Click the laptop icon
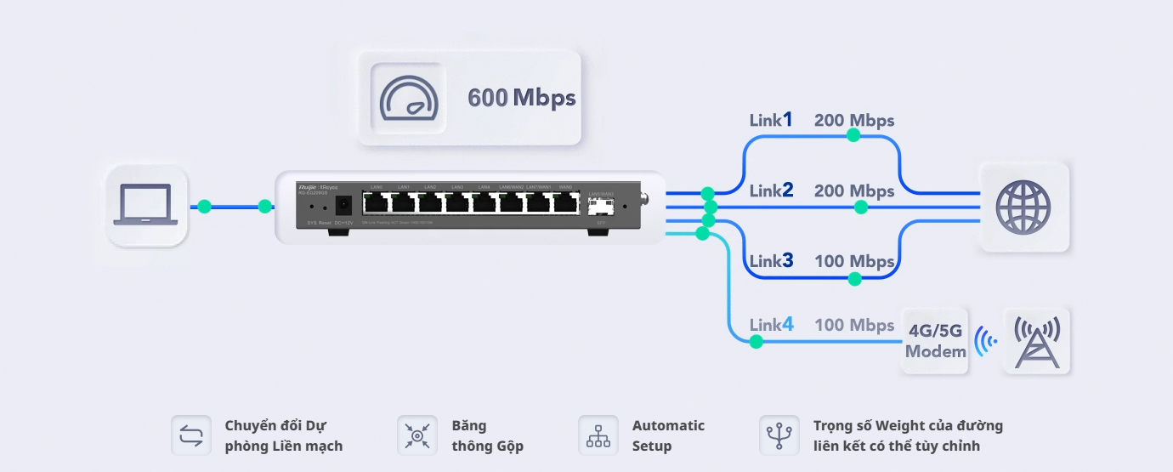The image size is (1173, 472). click(146, 206)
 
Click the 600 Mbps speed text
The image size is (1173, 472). click(521, 98)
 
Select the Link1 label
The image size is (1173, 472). click(771, 120)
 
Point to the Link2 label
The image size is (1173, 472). click(771, 191)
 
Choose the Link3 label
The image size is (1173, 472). click(771, 261)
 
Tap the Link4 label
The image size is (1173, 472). click(771, 325)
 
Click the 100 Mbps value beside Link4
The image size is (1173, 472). click(854, 325)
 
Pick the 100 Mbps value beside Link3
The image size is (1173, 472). click(854, 261)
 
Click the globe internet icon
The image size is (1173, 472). click(1023, 207)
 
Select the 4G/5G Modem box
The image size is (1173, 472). click(935, 341)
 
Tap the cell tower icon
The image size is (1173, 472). click(1036, 341)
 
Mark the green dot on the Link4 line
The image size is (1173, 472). click(756, 342)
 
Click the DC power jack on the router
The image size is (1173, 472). click(344, 206)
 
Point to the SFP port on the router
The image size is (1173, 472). click(601, 206)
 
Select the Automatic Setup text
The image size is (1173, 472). click(668, 435)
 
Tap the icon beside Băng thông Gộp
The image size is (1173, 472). click(417, 435)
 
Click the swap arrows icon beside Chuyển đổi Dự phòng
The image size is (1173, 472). click(191, 435)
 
